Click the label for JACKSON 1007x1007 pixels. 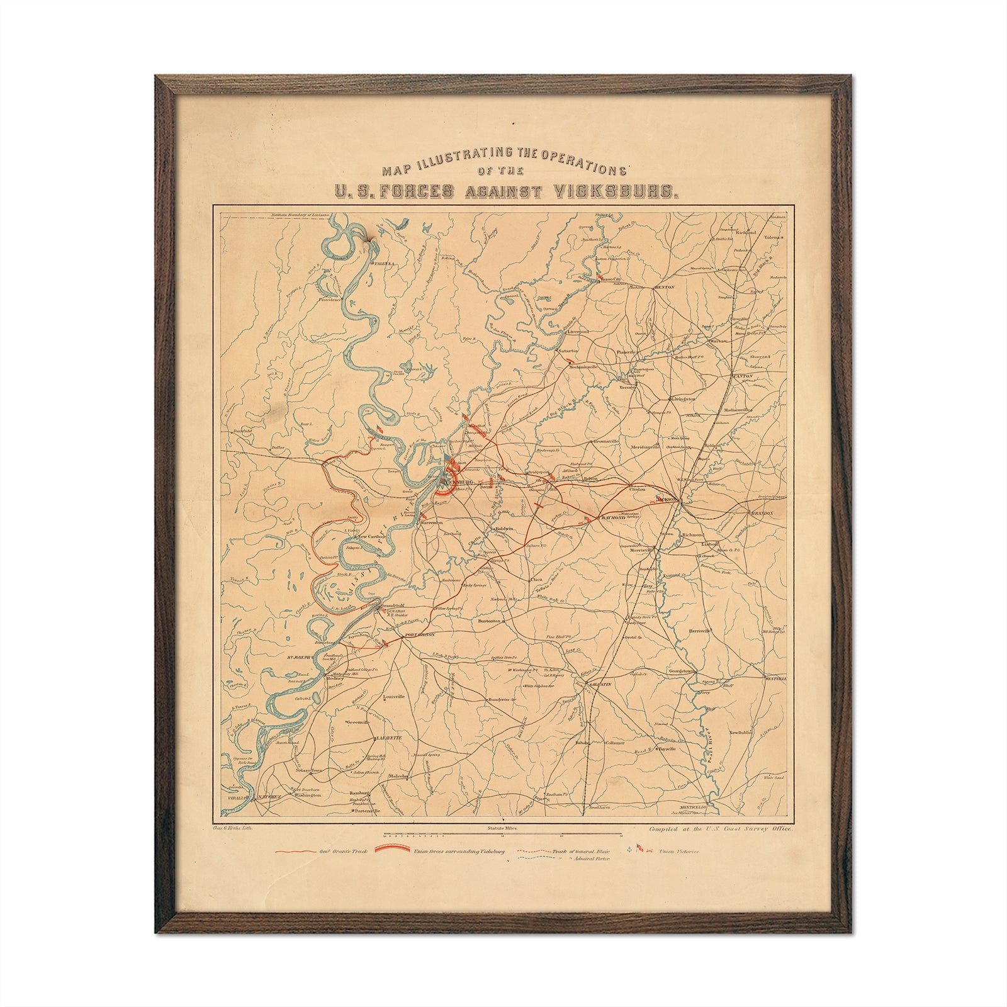click(665, 498)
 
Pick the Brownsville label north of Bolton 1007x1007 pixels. click(606, 442)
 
